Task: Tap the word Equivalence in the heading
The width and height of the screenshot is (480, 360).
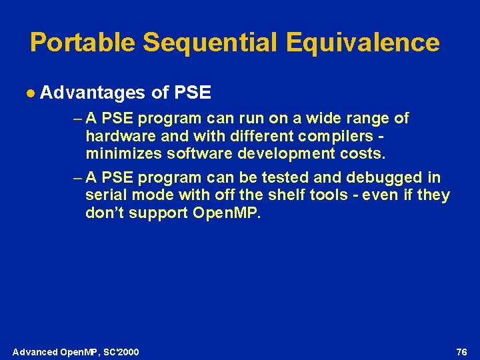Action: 363,43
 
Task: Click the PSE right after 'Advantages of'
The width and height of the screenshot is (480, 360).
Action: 192,93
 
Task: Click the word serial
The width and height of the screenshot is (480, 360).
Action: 105,195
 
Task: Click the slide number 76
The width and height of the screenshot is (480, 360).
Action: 461,351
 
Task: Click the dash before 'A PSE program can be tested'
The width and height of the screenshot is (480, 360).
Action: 76,177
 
